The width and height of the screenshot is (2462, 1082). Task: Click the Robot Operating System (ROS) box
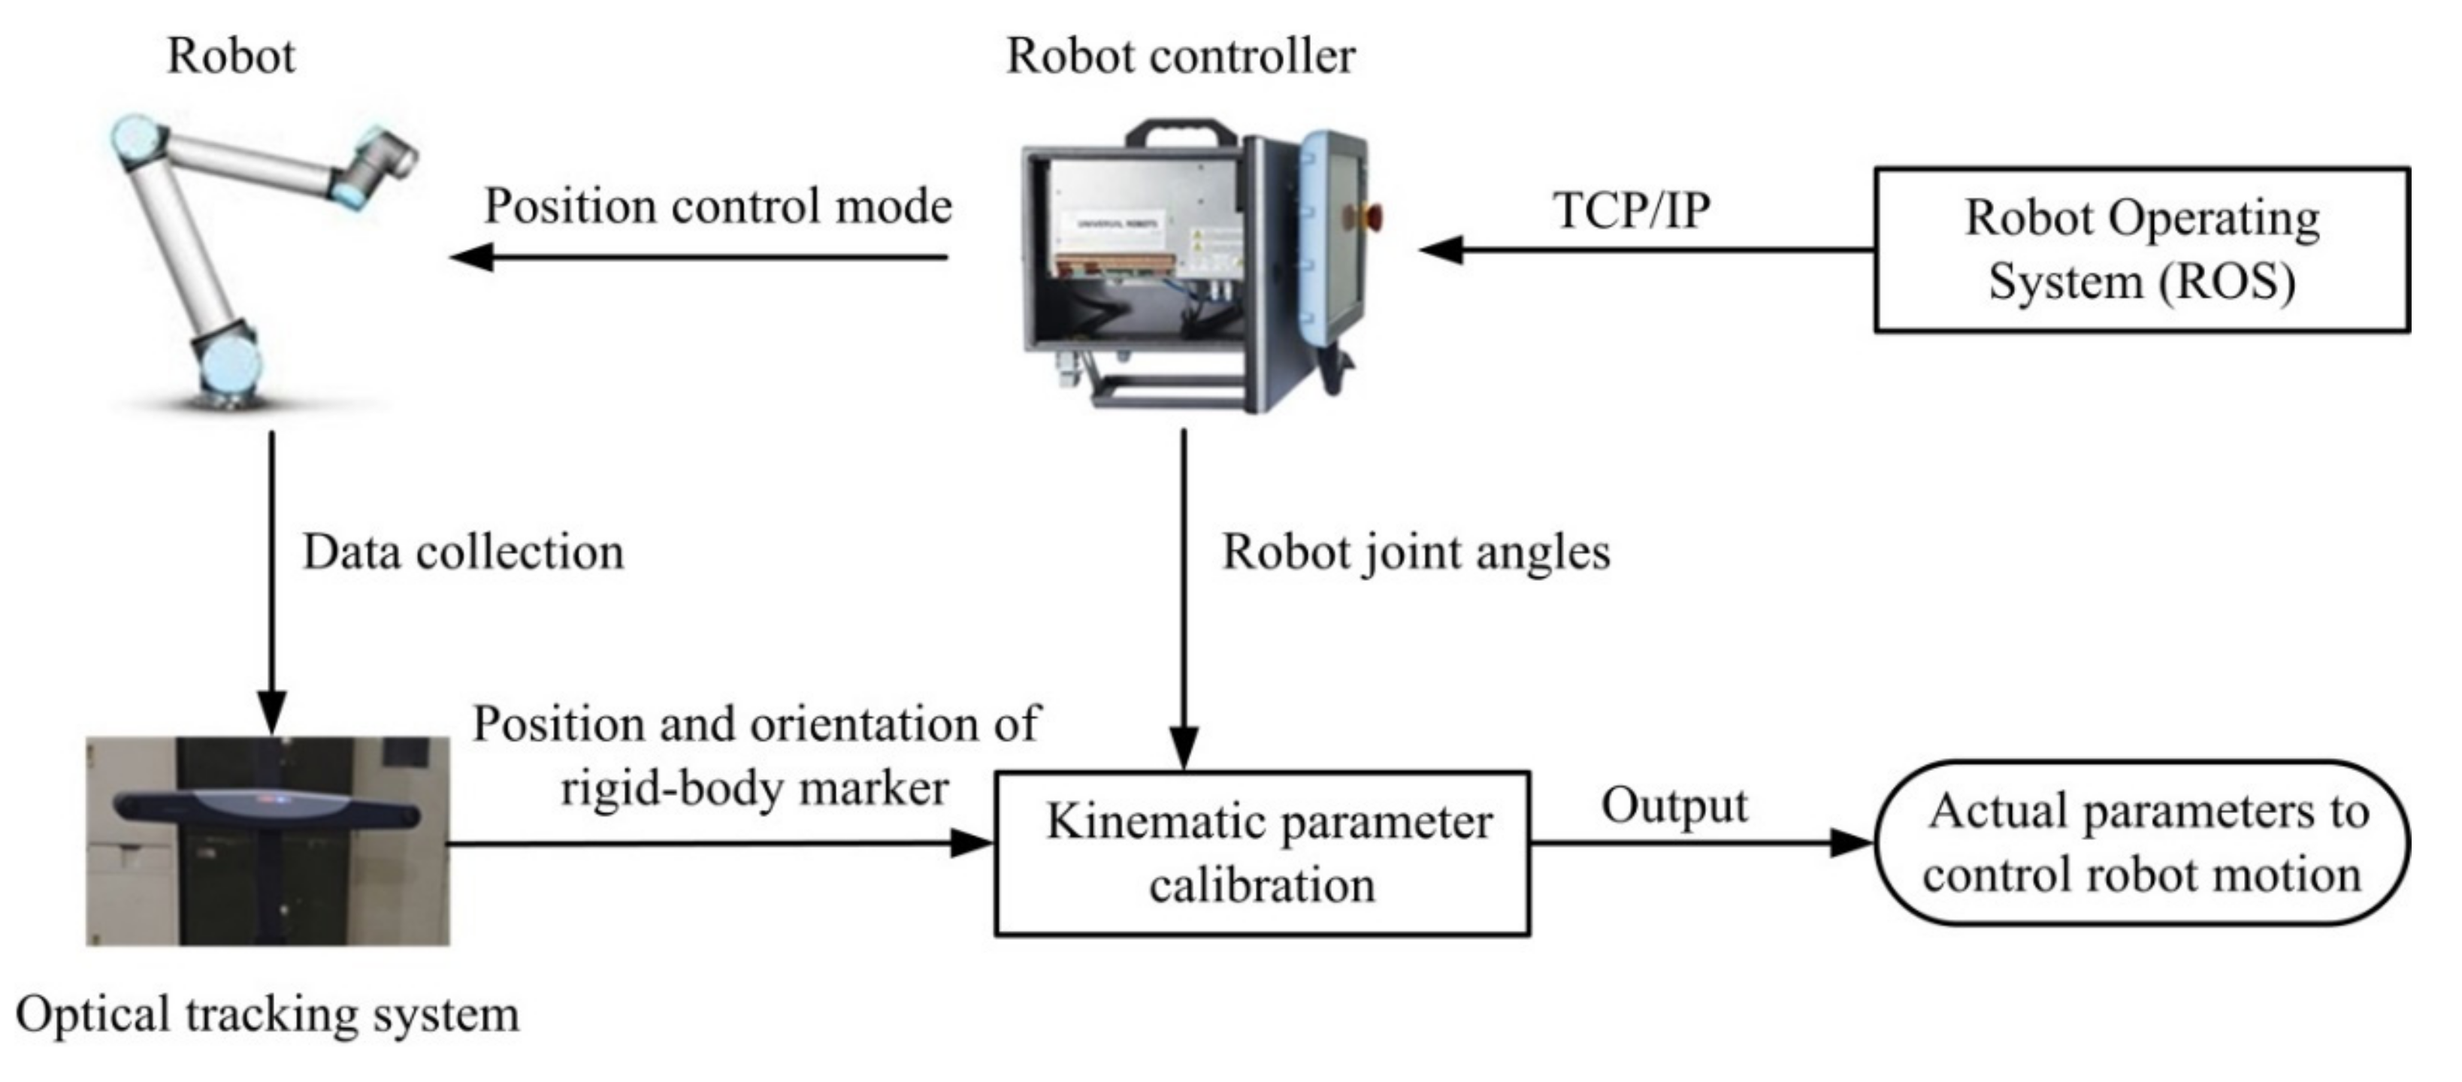pos(2141,249)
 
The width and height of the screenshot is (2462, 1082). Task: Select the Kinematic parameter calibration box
pos(1262,853)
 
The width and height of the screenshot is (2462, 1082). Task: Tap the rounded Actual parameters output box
pos(2141,843)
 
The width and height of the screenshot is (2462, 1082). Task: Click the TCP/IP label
pos(1631,210)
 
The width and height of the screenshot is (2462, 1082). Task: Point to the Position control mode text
pos(717,205)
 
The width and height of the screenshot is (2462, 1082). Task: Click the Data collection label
pos(463,552)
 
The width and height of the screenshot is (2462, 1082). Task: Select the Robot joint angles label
pos(1415,552)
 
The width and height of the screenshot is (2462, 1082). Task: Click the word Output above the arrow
pos(1674,805)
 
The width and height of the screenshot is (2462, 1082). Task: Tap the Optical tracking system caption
pos(268,1013)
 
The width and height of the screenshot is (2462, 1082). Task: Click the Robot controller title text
pos(1181,56)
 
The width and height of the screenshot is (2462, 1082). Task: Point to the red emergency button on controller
pos(1372,216)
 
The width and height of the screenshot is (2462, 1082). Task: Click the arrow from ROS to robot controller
pos(1644,250)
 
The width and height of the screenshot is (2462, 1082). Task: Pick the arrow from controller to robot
pos(697,257)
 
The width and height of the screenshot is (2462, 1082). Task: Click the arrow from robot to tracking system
pos(272,583)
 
